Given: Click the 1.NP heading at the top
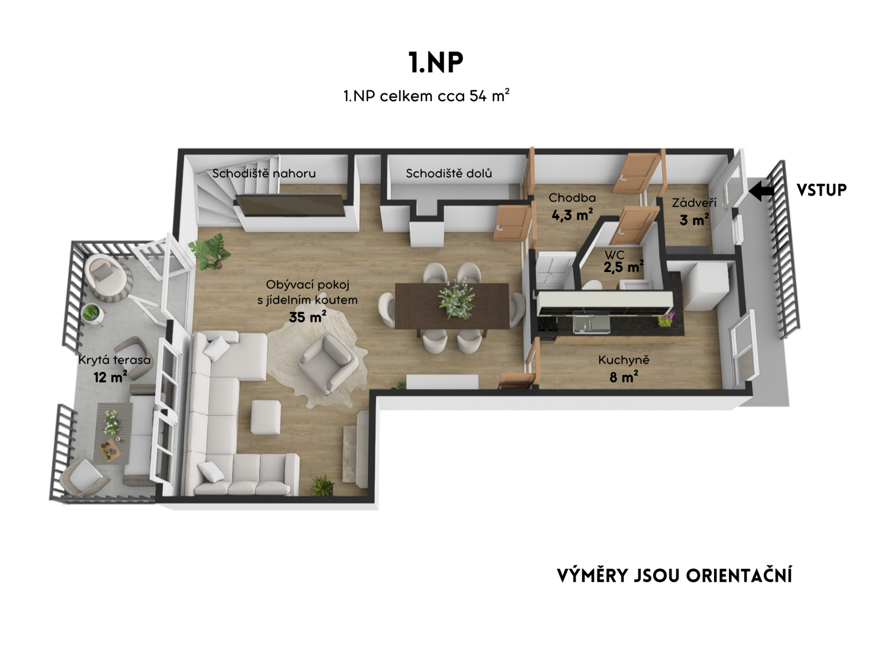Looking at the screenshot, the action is (436, 62).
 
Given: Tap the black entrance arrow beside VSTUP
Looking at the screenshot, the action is (761, 191).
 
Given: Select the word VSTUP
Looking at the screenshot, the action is (822, 190).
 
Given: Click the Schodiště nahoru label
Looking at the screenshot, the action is (264, 173).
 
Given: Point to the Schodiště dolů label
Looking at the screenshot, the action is (449, 173).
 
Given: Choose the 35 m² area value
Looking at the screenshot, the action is (307, 317).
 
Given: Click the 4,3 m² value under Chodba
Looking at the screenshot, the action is (572, 214).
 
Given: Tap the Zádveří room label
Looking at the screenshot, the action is (694, 203).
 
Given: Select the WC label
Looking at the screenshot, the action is (614, 255).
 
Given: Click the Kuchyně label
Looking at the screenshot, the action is (624, 360).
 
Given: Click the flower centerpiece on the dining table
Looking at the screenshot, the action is (456, 299).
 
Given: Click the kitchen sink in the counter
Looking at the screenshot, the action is (591, 323).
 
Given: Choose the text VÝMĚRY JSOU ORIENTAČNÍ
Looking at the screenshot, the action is (674, 575).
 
